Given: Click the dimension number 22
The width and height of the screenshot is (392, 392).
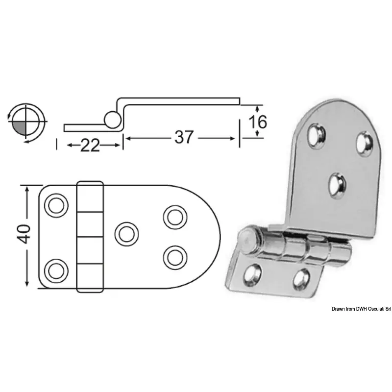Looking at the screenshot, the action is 90,146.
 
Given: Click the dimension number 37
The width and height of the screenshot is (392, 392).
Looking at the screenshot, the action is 184,137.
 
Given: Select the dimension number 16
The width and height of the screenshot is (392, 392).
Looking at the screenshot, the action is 258,122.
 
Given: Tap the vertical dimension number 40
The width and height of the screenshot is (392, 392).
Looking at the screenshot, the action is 24,234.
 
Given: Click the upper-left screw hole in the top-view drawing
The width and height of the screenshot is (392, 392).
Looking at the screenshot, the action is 56,205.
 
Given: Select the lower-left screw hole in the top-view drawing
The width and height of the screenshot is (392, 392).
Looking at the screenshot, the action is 56,271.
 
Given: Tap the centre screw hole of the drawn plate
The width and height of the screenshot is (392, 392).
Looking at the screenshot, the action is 127,234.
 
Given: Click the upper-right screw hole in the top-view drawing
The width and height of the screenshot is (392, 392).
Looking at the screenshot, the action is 175,217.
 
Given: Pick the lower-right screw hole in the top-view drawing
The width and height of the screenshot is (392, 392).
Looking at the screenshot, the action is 175,258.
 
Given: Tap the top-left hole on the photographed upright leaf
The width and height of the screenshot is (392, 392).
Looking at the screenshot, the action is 316,136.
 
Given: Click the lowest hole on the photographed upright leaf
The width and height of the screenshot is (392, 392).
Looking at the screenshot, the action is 338,185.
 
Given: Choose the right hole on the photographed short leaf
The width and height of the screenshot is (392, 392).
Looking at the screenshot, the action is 301,279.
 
